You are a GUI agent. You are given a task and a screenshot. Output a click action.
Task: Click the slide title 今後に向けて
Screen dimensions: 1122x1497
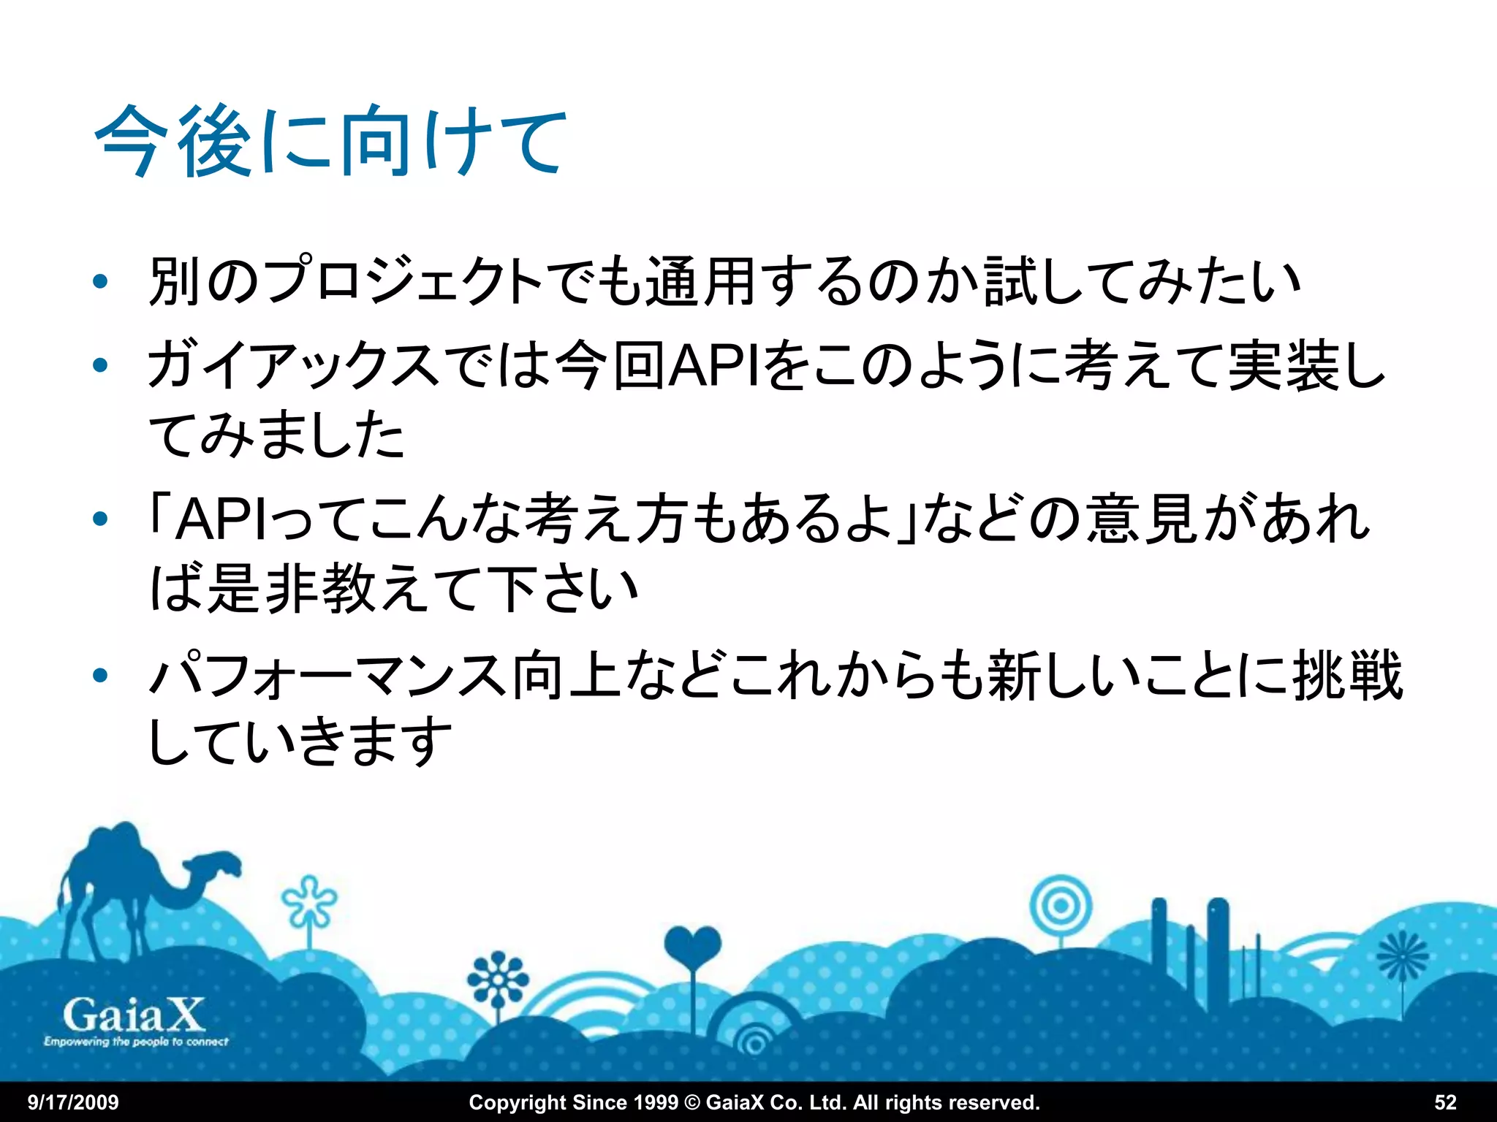tap(330, 140)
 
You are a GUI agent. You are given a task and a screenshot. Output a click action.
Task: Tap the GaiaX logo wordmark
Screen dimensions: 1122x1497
tap(134, 1015)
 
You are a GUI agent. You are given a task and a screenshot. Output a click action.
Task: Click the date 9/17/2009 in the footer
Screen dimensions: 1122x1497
tap(73, 1102)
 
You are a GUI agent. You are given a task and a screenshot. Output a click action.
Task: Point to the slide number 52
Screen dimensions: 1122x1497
tap(1445, 1102)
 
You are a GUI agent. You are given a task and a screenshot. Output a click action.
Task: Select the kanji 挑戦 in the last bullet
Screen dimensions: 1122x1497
tap(1347, 676)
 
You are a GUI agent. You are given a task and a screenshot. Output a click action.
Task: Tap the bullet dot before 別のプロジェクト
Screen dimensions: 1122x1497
tap(101, 282)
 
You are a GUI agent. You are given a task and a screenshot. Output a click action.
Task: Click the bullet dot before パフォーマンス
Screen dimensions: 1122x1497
tap(101, 676)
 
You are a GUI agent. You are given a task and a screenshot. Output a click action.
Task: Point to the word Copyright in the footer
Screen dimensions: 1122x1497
tap(518, 1102)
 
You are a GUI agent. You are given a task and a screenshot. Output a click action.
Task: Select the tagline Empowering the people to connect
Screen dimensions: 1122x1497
tap(136, 1042)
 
